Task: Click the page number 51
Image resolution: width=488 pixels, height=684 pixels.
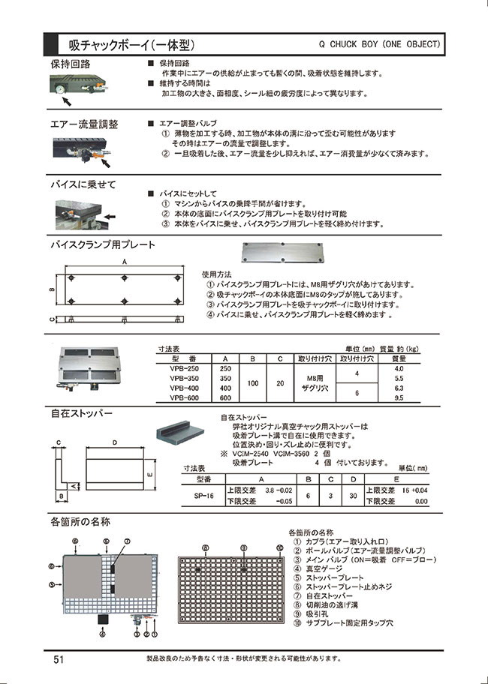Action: click(x=58, y=659)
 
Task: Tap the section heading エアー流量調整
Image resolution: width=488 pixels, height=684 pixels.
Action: click(x=84, y=124)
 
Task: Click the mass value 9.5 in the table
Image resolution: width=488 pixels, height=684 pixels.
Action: click(x=399, y=398)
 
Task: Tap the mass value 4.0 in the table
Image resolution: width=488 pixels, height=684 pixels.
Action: click(x=399, y=369)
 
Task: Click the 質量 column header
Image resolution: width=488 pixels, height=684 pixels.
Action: click(x=399, y=358)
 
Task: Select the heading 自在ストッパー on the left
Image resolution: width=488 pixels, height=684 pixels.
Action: click(x=81, y=413)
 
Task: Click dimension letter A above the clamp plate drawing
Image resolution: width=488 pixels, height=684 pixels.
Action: click(x=124, y=262)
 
